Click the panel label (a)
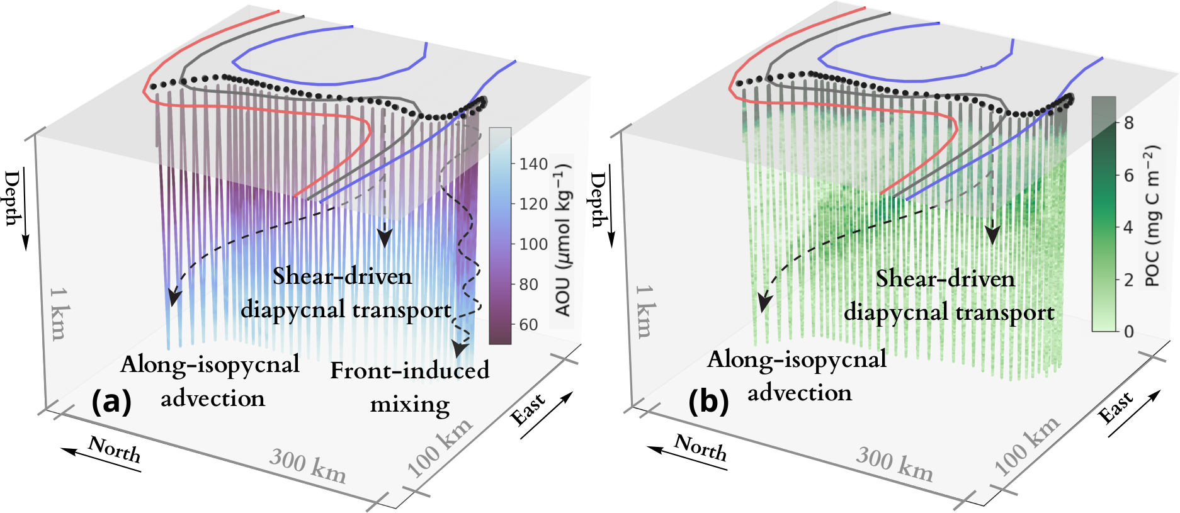pyautogui.click(x=111, y=401)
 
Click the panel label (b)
pyautogui.click(x=708, y=402)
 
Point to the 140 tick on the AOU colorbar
pyautogui.click(x=532, y=164)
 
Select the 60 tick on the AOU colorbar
pyautogui.click(x=528, y=325)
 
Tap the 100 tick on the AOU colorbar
pyautogui.click(x=532, y=244)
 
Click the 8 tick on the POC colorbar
pyautogui.click(x=1128, y=123)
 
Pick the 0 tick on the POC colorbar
pyautogui.click(x=1128, y=331)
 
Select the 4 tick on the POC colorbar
pyautogui.click(x=1128, y=227)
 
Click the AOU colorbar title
pyautogui.click(x=562, y=239)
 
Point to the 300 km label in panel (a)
pyautogui.click(x=307, y=466)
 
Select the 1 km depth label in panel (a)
pyautogui.click(x=59, y=313)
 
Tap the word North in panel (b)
pyautogui.click(x=700, y=447)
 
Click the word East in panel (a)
pyautogui.click(x=528, y=409)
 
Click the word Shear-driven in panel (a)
pyautogui.click(x=342, y=276)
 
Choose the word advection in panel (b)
pyautogui.click(x=800, y=393)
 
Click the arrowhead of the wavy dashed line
pyautogui.click(x=461, y=349)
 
